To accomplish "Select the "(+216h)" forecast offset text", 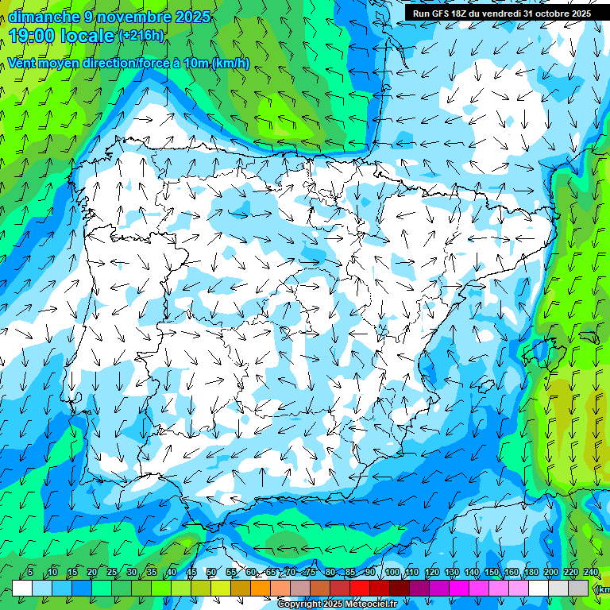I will tap(141, 35).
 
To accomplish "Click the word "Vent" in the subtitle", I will tap(23, 64).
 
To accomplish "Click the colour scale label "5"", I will tap(30, 572).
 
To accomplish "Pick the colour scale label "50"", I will tap(211, 572).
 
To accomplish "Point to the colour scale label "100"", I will tap(392, 572).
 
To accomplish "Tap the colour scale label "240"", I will tap(591, 572).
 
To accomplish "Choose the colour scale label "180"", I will tap(531, 572).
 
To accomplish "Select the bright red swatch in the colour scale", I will tap(360, 588).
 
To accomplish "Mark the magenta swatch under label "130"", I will tap(459, 588).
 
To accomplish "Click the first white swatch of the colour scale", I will tap(22, 588).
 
